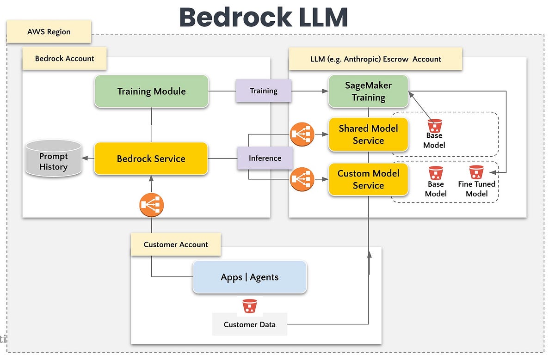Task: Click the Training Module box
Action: pyautogui.click(x=151, y=91)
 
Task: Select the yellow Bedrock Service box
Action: pyautogui.click(x=151, y=159)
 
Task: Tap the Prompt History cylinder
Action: pyautogui.click(x=54, y=159)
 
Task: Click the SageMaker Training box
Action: pyautogui.click(x=368, y=91)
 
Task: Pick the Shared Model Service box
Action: pyautogui.click(x=368, y=134)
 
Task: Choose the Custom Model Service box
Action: pyautogui.click(x=368, y=179)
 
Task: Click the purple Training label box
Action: pyautogui.click(x=264, y=91)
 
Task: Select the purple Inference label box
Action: pyautogui.click(x=265, y=158)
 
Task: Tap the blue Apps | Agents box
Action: pyautogui.click(x=249, y=277)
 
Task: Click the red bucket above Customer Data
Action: pyautogui.click(x=249, y=306)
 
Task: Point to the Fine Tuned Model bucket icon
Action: pyautogui.click(x=476, y=172)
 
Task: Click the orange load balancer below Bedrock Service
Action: pyautogui.click(x=151, y=205)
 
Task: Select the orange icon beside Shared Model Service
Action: pyautogui.click(x=302, y=134)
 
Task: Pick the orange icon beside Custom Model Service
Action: pyautogui.click(x=302, y=179)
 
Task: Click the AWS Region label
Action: pyautogui.click(x=49, y=32)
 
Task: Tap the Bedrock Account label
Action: pyautogui.click(x=64, y=58)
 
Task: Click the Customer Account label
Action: pyautogui.click(x=176, y=244)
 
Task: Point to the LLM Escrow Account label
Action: pyautogui.click(x=376, y=59)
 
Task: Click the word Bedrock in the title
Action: pyautogui.click(x=235, y=18)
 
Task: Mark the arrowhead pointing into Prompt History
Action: pyautogui.click(x=85, y=158)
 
